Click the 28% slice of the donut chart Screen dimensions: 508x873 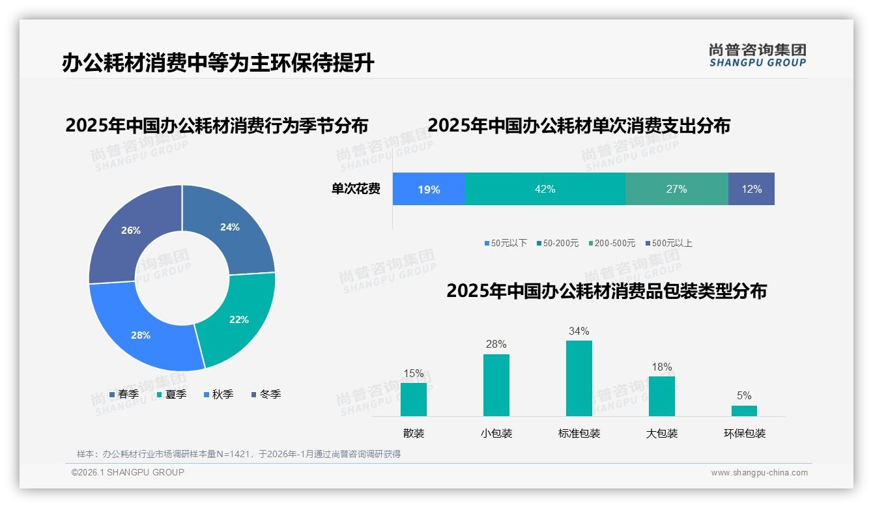(x=140, y=335)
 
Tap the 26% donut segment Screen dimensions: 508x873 (x=131, y=231)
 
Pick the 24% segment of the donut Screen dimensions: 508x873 (x=230, y=227)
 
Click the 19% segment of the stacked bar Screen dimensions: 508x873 (x=429, y=190)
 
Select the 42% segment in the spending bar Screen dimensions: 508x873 (x=545, y=190)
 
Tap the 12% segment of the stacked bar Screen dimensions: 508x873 (x=751, y=190)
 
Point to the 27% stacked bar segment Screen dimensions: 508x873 (x=676, y=190)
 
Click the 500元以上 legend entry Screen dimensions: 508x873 (x=669, y=243)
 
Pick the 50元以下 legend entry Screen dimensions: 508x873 (x=506, y=243)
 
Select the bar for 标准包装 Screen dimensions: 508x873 (x=579, y=378)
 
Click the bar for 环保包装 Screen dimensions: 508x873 (x=744, y=410)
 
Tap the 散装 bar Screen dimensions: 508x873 (x=414, y=399)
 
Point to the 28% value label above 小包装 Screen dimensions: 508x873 (x=496, y=345)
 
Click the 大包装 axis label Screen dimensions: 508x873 (x=662, y=433)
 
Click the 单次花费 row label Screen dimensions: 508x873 (x=356, y=190)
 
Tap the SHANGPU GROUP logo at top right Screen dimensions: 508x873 (x=757, y=55)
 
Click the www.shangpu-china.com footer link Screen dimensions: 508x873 (x=759, y=473)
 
